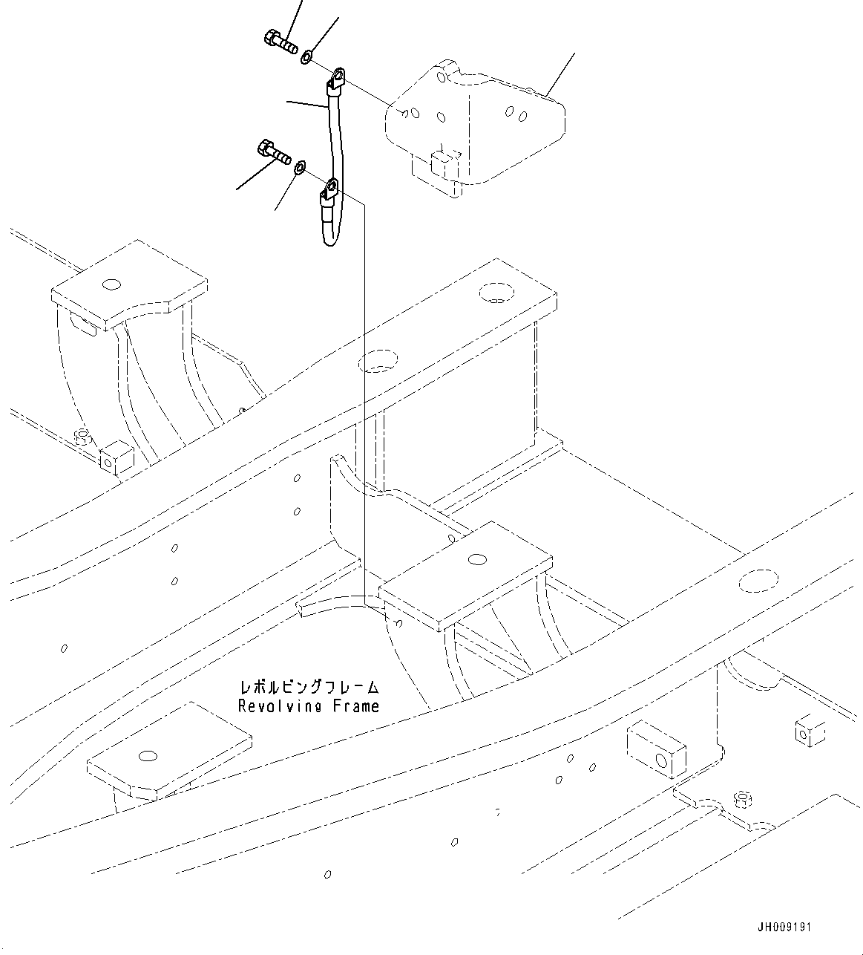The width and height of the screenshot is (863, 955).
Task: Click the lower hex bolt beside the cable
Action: point(273,152)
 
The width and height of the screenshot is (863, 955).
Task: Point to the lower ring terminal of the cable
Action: point(329,190)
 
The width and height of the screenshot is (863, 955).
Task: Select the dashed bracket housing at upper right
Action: point(475,126)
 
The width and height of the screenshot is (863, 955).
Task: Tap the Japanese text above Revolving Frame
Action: point(309,687)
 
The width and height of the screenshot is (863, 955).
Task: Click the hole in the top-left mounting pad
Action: point(111,285)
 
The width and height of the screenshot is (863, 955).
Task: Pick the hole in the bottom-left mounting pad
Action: point(148,755)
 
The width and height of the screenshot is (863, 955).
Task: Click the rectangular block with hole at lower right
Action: point(656,752)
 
